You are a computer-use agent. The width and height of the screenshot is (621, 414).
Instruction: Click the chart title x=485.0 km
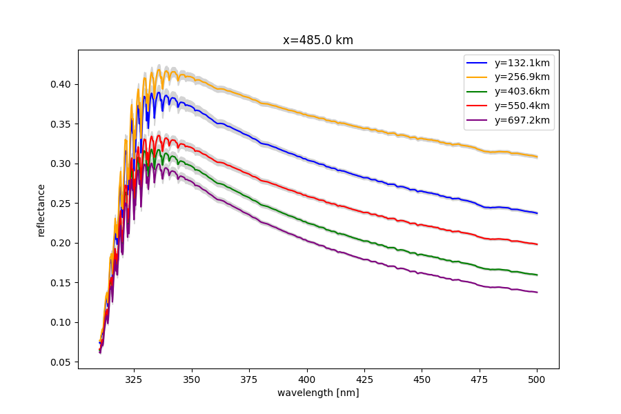[x=318, y=40]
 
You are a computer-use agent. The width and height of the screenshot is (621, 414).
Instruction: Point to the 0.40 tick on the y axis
[x=61, y=84]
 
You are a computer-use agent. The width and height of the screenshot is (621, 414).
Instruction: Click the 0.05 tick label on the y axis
[x=61, y=362]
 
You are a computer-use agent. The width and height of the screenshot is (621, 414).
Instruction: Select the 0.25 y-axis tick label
[x=61, y=204]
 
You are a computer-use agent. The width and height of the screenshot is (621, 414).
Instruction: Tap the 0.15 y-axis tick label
[x=61, y=283]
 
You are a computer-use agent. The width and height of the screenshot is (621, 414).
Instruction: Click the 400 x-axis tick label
[x=307, y=379]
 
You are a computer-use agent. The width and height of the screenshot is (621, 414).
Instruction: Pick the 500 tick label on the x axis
[x=537, y=379]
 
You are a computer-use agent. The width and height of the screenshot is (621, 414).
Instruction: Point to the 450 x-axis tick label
[x=422, y=379]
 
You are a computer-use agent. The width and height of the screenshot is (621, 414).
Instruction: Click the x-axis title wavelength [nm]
[x=318, y=393]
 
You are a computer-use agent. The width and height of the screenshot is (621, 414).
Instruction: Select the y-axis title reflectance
[x=41, y=210]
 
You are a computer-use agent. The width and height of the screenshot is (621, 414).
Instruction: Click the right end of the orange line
[x=537, y=157]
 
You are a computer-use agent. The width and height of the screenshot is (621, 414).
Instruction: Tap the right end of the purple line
[x=537, y=293]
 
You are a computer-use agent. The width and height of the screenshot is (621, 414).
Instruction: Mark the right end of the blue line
[x=537, y=213]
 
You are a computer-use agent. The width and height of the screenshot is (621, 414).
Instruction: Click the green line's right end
[x=537, y=275]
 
